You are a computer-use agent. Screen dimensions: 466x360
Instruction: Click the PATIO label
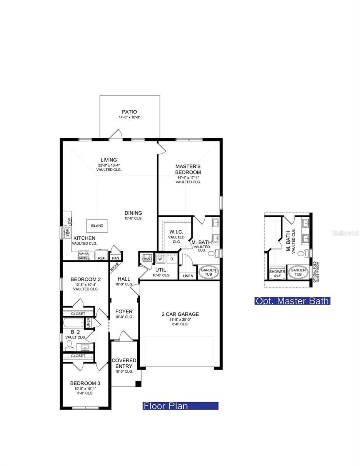(x=129, y=112)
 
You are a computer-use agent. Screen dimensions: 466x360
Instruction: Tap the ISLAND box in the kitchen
(x=97, y=226)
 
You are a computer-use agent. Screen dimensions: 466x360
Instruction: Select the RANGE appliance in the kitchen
(x=83, y=256)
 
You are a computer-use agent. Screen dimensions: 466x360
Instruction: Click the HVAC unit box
(x=147, y=259)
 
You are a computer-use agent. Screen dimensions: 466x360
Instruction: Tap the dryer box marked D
(x=171, y=259)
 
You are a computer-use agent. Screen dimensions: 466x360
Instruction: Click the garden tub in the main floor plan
(x=209, y=272)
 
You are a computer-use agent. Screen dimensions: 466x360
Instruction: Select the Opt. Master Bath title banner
(x=292, y=301)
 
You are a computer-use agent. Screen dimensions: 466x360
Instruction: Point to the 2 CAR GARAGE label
(x=180, y=314)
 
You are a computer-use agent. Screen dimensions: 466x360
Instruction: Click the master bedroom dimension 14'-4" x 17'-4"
(x=188, y=177)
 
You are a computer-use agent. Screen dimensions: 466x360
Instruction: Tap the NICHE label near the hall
(x=115, y=267)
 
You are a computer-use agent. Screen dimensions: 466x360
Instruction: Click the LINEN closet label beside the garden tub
(x=188, y=276)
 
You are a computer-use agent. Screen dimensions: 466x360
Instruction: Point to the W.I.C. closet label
(x=176, y=232)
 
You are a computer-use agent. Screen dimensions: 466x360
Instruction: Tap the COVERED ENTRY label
(x=124, y=363)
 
